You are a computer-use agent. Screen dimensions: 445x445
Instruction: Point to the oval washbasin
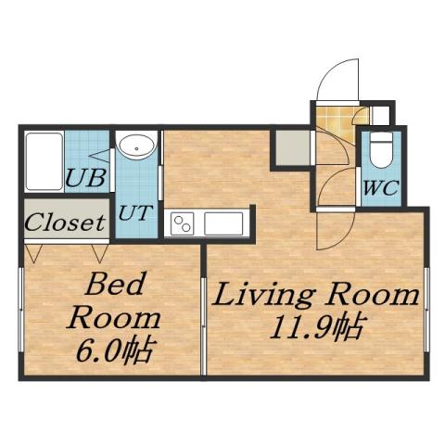point(136,146)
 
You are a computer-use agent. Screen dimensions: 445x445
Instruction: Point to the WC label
point(380,186)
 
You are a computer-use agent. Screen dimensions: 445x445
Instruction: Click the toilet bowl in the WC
point(380,147)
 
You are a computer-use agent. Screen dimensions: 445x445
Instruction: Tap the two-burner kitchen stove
point(182,223)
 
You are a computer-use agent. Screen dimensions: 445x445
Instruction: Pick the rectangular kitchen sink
point(223,223)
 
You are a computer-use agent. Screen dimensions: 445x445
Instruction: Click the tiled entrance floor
point(334,121)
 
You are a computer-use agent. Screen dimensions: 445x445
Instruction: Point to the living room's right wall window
point(426,311)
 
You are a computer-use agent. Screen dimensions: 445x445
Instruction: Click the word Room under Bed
point(115,318)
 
